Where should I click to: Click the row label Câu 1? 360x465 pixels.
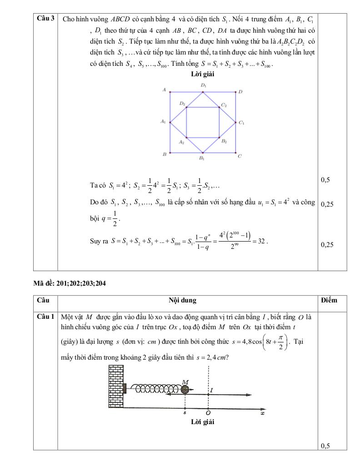(x=46, y=316)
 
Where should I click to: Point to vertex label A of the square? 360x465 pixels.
(x=163, y=90)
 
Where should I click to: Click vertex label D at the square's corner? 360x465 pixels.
(x=240, y=92)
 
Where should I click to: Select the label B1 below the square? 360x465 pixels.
(x=201, y=158)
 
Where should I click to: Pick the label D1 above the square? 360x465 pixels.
(x=203, y=85)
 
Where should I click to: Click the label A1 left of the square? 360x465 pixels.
(x=163, y=122)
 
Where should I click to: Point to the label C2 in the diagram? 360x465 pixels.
(x=224, y=104)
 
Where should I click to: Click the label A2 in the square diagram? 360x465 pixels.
(x=181, y=142)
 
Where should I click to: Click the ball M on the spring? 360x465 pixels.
(x=185, y=389)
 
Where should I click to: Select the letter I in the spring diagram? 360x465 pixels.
(x=212, y=390)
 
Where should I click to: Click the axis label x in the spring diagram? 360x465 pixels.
(x=262, y=413)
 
